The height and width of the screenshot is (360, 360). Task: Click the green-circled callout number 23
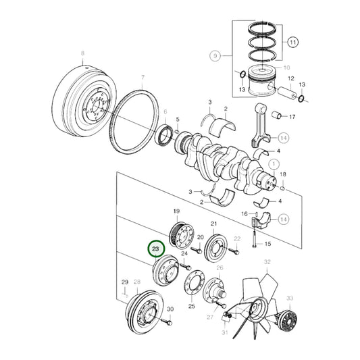point(156,249)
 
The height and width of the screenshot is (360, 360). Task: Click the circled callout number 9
point(215,55)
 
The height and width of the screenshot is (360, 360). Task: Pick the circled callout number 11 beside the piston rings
point(293,42)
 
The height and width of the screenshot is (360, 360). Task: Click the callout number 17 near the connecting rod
point(292,117)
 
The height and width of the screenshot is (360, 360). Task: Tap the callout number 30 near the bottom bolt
point(170,309)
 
